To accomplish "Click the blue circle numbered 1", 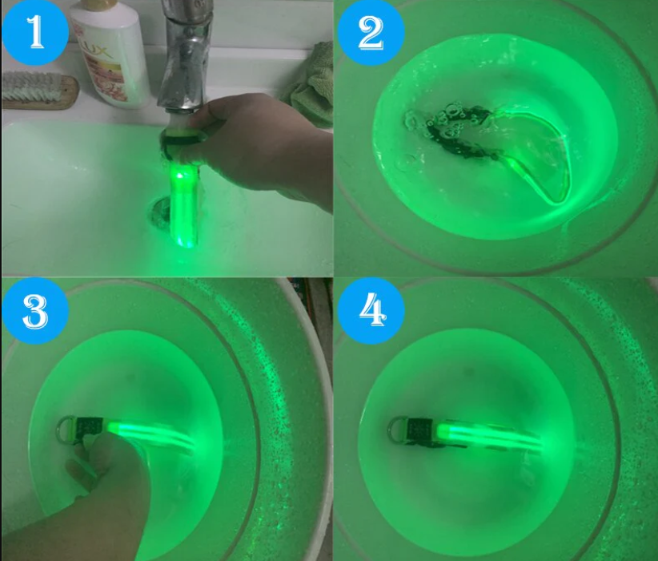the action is [35, 32].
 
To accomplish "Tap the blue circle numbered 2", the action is [371, 32].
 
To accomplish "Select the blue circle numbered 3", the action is [35, 311].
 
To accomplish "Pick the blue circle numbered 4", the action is [371, 311].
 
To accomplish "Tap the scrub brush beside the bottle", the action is [40, 91].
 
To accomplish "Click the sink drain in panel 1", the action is [159, 214].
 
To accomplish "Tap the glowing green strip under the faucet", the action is [183, 206].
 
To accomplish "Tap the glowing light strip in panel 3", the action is [151, 435].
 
